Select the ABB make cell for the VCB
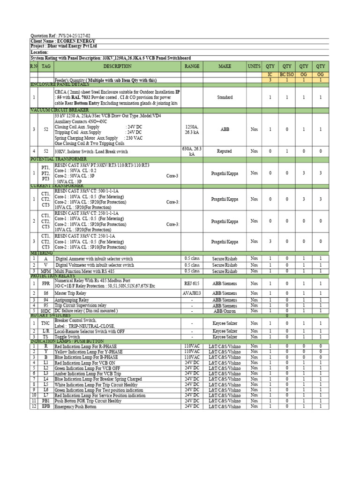(x=225, y=129)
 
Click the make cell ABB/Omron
(x=225, y=310)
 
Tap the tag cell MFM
(x=46, y=271)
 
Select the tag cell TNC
(x=46, y=323)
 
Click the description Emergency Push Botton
(x=75, y=407)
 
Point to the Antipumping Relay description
(x=72, y=300)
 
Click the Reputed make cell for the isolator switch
(x=225, y=151)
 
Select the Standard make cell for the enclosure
(x=225, y=97)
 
